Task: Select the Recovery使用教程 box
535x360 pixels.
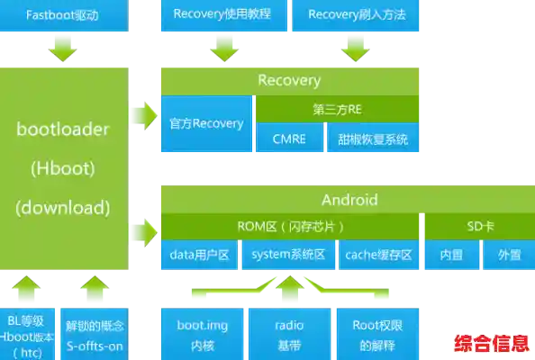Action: coord(222,14)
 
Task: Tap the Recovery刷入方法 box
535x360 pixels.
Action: coord(356,14)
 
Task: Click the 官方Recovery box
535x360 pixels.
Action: coord(206,123)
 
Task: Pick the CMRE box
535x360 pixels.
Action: coord(288,139)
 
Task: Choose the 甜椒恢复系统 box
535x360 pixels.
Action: coord(373,139)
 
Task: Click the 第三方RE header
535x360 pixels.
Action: coord(337,110)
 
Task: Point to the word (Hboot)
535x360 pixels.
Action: coord(62,167)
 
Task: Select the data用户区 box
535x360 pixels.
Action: coord(201,256)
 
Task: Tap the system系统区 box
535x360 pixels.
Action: coord(288,256)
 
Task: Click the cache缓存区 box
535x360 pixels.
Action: coord(378,256)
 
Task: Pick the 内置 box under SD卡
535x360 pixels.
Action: coord(450,256)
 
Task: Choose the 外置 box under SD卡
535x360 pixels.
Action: coord(502,256)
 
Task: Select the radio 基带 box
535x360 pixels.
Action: coord(288,334)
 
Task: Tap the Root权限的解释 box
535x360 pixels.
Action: coord(376,334)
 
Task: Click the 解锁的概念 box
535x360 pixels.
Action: coord(95,334)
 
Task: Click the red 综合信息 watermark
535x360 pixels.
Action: coord(491,345)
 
